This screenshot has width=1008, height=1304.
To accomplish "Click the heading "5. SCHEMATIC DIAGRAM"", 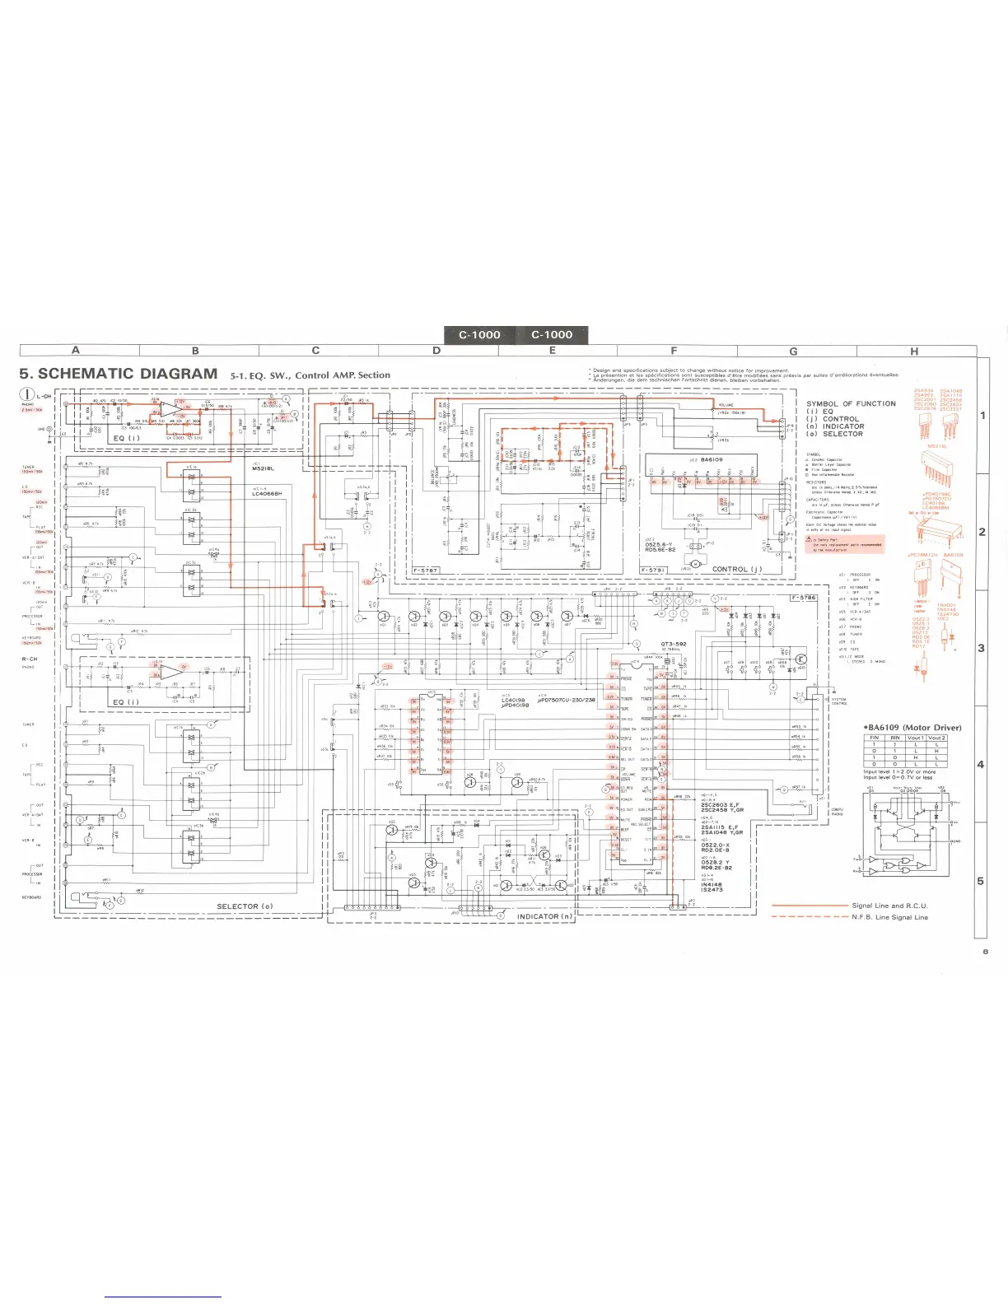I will pyautogui.click(x=119, y=374).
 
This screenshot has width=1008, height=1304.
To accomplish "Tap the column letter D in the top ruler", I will pyautogui.click(x=436, y=351).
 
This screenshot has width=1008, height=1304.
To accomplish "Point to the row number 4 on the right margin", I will pyautogui.click(x=981, y=764).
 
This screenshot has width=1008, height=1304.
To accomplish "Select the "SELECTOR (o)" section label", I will pyautogui.click(x=245, y=906).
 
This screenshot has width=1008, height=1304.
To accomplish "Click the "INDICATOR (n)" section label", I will pyautogui.click(x=544, y=916).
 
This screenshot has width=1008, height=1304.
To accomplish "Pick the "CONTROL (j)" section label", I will pyautogui.click(x=737, y=569).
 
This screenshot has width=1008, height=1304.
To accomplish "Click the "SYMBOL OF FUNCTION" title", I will pyautogui.click(x=851, y=403).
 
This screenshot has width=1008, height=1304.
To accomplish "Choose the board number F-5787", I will pyautogui.click(x=426, y=570).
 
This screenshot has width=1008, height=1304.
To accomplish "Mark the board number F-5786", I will pyautogui.click(x=803, y=598).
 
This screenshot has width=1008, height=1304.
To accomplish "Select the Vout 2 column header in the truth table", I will pyautogui.click(x=936, y=738).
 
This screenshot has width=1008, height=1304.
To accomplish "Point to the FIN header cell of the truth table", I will pyautogui.click(x=875, y=738).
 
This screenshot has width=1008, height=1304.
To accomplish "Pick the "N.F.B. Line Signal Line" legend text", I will pyautogui.click(x=889, y=917).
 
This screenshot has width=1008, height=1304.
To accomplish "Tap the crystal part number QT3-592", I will pyautogui.click(x=674, y=645).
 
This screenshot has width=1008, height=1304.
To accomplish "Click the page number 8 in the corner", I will pyautogui.click(x=984, y=952).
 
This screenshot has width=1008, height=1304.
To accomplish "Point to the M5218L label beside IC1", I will pyautogui.click(x=263, y=469).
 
